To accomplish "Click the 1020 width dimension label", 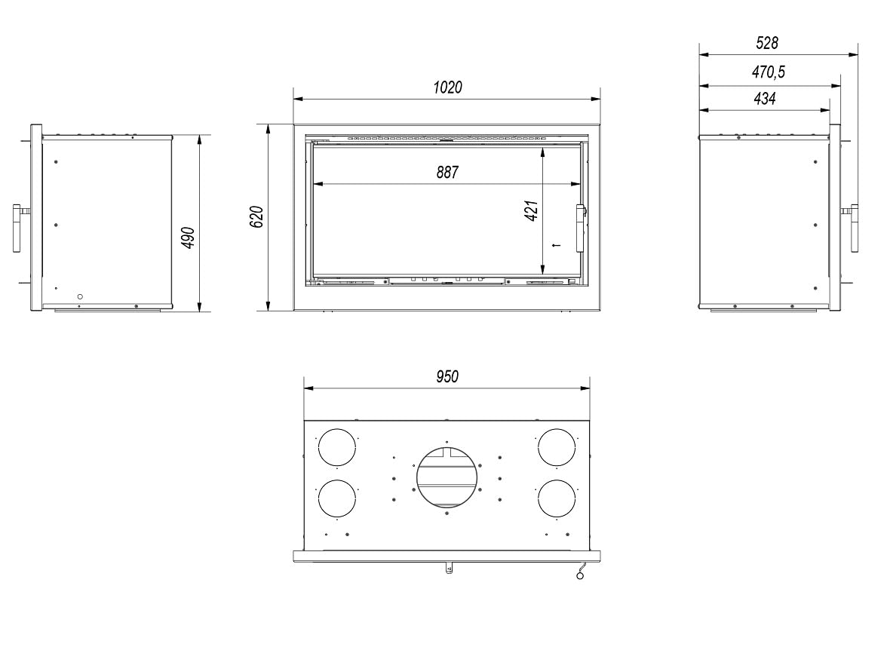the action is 448,87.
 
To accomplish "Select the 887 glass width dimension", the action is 447,172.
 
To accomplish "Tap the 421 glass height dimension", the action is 531,210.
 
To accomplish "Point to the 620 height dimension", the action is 256,217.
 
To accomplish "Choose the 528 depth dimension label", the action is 767,43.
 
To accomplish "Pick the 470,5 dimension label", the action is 769,72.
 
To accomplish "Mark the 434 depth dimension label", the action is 765,99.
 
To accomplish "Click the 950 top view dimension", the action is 447,376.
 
